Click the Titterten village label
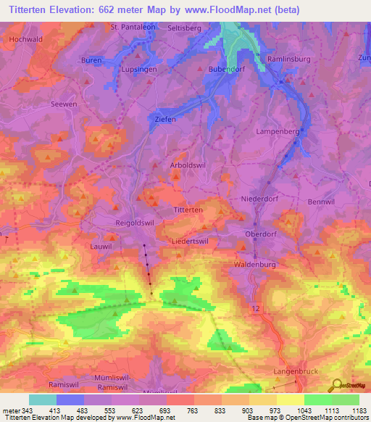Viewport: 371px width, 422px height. pos(188,209)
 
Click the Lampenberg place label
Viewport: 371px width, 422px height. pos(278,131)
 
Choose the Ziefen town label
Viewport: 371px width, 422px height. pos(165,120)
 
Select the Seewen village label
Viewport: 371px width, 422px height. pos(63,104)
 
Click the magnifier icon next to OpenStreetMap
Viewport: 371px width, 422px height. pos(336,385)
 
